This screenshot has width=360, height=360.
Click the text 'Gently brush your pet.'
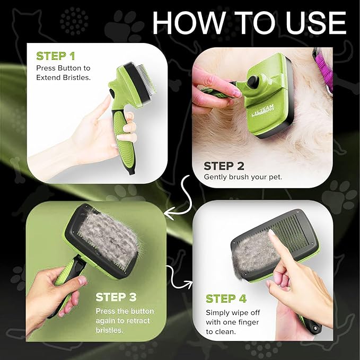tap(243, 177)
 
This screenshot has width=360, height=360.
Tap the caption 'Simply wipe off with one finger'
tap(236, 317)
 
